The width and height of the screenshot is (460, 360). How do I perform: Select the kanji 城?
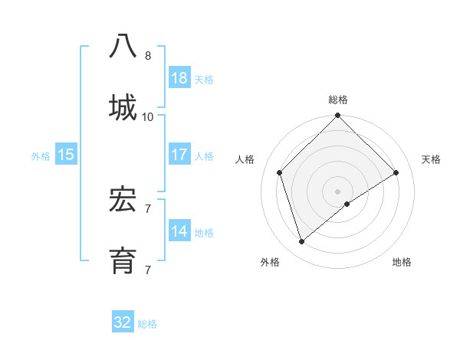(123, 106)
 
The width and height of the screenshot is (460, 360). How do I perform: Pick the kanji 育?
(123, 259)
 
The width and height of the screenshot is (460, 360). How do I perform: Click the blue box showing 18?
(179, 78)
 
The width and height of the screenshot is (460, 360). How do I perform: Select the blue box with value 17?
(179, 155)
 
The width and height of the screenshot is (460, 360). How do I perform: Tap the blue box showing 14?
(179, 231)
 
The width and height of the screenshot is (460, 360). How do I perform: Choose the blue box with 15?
(66, 155)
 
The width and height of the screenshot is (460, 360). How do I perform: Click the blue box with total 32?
(123, 322)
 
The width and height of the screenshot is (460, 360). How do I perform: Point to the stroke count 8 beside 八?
(148, 56)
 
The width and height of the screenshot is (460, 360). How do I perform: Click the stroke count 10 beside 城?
(148, 116)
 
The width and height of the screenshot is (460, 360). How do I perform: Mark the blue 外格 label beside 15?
(41, 155)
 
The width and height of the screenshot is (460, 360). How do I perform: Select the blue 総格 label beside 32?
(147, 323)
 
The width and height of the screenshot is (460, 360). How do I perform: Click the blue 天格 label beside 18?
(204, 79)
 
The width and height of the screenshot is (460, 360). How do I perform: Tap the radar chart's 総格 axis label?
(338, 100)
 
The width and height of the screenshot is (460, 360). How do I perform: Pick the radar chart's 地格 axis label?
(402, 262)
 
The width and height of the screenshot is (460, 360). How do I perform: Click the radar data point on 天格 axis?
(396, 172)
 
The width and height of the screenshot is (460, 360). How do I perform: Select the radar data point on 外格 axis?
(302, 242)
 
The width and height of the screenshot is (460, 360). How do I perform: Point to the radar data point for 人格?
(280, 172)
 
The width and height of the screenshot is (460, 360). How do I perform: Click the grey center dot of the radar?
(338, 191)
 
